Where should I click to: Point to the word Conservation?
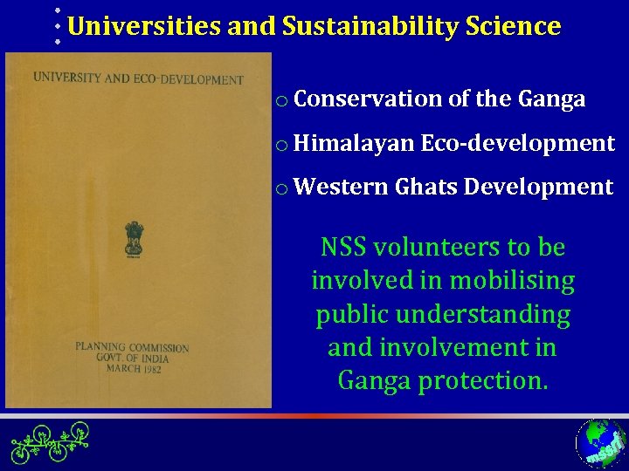point(368,99)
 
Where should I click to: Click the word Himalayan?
point(354,143)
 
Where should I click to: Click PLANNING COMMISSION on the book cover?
point(132,347)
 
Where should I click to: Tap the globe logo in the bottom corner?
point(600,443)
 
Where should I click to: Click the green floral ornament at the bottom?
point(51,441)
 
